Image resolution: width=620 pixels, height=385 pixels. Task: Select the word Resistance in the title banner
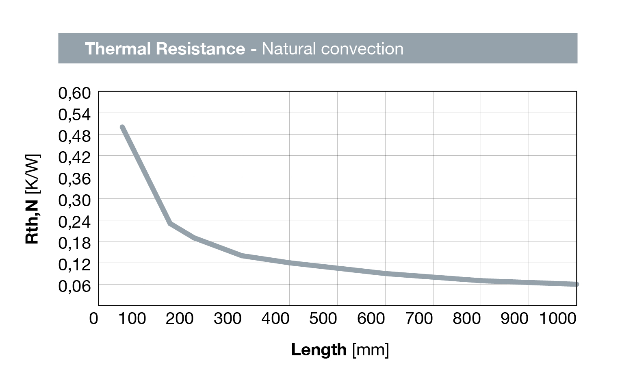200,49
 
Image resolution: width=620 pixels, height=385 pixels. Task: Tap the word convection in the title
362,49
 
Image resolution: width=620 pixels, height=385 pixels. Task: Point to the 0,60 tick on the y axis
74,93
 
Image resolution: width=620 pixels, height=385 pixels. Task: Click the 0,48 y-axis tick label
74,136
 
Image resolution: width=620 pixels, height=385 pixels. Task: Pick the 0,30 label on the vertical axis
74,200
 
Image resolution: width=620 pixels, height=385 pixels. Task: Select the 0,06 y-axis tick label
74,286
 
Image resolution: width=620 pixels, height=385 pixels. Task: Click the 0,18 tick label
74,243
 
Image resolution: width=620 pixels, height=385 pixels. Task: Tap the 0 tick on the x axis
93,318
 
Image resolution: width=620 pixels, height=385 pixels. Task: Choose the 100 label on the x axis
132,318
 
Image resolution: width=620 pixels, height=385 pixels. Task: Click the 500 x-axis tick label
323,318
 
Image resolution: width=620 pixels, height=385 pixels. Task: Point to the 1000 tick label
557,318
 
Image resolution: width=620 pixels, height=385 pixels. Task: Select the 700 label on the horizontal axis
419,318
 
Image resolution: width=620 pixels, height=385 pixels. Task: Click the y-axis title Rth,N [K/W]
33,199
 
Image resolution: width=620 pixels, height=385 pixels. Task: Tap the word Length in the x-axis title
319,350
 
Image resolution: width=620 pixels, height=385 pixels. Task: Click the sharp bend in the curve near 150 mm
170,223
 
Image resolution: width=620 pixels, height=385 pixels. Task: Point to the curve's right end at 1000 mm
576,284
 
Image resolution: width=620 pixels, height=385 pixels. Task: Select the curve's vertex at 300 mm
242,255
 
